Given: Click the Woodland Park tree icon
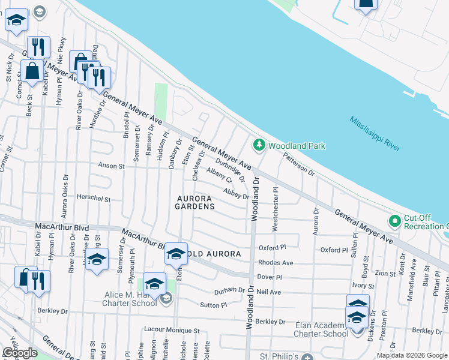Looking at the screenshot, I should coord(259,145).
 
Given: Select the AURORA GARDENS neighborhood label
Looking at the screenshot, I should coord(194,202).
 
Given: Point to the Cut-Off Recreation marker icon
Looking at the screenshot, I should coord(394,221).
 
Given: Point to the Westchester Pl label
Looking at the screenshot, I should coord(276,209).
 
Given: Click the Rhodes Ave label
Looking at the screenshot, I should coord(275,263).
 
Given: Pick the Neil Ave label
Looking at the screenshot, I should coord(268,292).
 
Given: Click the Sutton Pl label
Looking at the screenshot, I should coord(213,305).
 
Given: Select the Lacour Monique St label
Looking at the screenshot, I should coord(171,331).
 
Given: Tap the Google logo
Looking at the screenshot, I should coord(20,353).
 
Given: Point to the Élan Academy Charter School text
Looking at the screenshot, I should coord(321,329).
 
